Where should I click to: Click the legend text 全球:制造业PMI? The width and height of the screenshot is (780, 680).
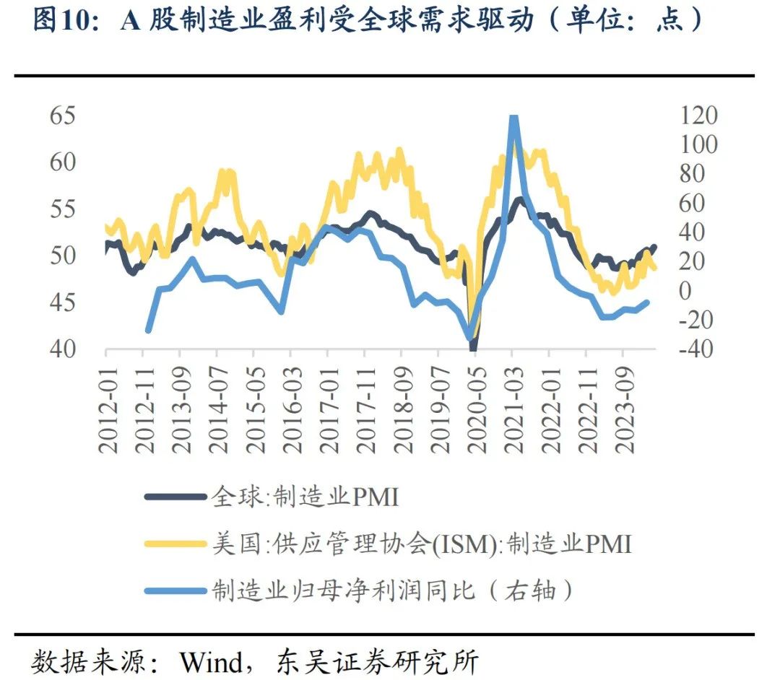point(305,497)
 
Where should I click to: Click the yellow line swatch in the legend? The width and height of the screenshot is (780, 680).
point(174,544)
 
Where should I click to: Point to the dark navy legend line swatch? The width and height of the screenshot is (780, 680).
point(174,497)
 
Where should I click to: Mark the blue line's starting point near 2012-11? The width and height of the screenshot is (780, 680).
point(148,330)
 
